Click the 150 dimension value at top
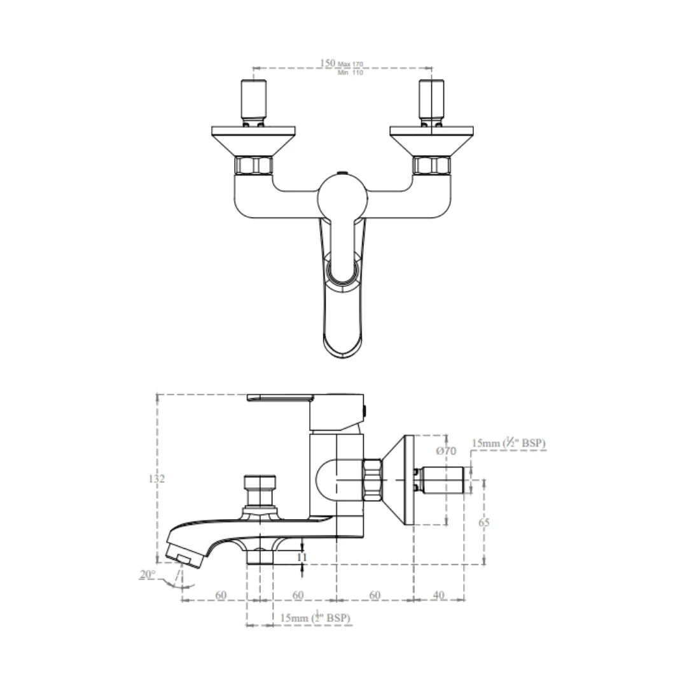pyautogui.click(x=327, y=63)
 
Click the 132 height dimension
pyautogui.click(x=156, y=478)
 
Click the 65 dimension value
pyautogui.click(x=484, y=522)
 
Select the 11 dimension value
pyautogui.click(x=302, y=556)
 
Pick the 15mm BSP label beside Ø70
pyautogui.click(x=508, y=443)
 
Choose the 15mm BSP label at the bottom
pyautogui.click(x=315, y=618)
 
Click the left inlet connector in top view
pyautogui.click(x=253, y=101)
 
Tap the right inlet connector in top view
pyautogui.click(x=432, y=101)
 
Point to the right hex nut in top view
pyautogui.click(x=432, y=167)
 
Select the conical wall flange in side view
pyautogui.click(x=399, y=480)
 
